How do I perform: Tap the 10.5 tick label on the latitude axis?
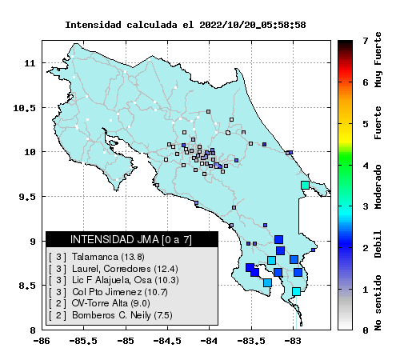tap(24, 108)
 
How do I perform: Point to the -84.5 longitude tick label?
tap(167, 341)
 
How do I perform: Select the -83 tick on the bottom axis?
tap(294, 341)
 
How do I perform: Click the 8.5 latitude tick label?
tap(27, 286)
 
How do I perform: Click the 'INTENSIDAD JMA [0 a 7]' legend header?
tap(131, 239)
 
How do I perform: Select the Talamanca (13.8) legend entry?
tap(108, 257)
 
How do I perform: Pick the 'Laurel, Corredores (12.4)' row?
tap(125, 269)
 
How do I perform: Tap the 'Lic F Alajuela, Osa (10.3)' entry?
tap(126, 280)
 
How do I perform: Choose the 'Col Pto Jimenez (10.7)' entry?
tap(120, 292)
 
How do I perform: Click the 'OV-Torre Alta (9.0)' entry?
tap(110, 303)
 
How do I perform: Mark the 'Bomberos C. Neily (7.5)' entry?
tap(122, 315)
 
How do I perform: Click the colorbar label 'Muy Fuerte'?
tap(378, 60)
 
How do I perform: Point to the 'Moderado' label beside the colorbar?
tap(378, 186)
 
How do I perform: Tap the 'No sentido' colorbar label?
tap(378, 302)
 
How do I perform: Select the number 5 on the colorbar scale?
tap(366, 124)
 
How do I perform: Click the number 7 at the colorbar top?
tap(366, 41)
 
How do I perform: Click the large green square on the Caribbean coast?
tap(305, 185)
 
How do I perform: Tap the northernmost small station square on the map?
tap(208, 111)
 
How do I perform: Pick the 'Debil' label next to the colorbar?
tap(378, 244)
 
